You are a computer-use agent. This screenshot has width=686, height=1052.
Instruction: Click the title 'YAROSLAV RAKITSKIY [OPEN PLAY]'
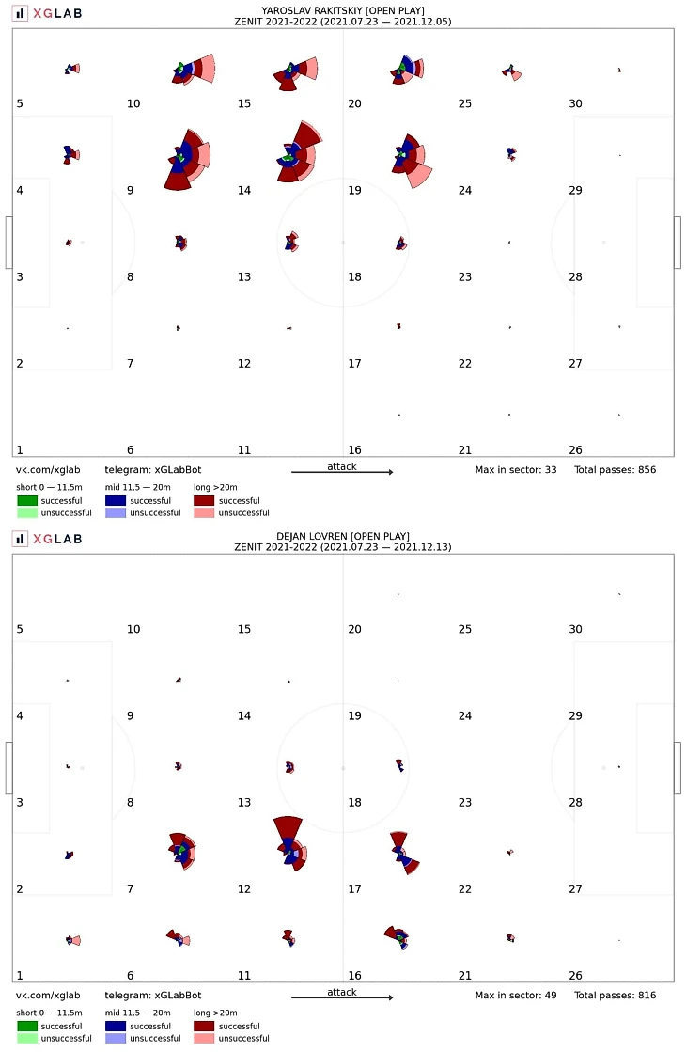[342, 9]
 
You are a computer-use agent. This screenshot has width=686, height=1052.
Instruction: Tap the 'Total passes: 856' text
[615, 468]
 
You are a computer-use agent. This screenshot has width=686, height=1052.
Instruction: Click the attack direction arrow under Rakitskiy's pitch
[341, 472]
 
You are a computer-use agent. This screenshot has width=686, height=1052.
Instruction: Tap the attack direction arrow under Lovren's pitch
[341, 998]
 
